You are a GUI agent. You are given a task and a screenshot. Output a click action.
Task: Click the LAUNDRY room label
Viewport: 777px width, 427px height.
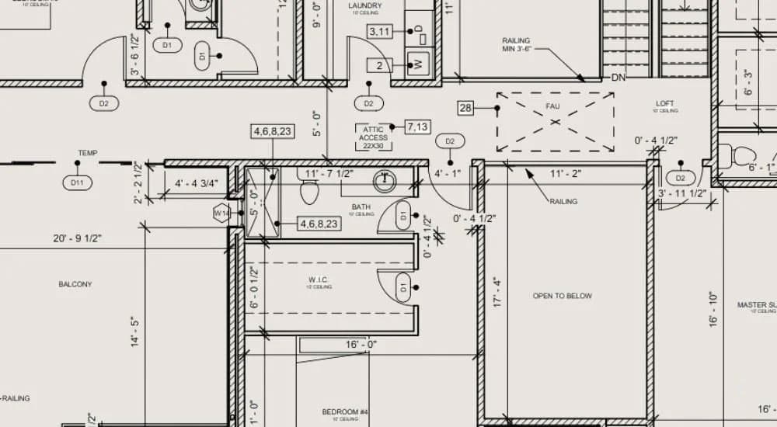pos(364,6)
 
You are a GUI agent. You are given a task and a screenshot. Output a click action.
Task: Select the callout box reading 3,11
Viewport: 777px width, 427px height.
pos(379,32)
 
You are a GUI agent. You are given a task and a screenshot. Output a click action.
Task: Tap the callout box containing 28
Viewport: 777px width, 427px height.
pos(465,108)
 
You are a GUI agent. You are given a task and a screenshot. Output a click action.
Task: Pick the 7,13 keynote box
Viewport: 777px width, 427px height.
pos(418,127)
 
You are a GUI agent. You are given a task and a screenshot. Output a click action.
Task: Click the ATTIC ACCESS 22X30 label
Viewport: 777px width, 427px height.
pos(374,137)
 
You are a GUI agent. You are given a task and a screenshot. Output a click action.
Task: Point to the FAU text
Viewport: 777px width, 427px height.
pos(552,106)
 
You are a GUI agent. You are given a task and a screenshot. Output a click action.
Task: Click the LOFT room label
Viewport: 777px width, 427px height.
pos(665,104)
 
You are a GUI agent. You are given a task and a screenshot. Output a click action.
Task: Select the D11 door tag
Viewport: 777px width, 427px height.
pos(77,183)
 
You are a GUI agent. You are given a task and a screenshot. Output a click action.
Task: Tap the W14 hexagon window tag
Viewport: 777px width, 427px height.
pos(221,212)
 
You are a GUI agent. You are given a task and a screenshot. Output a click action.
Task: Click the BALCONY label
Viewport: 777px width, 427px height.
pos(75,284)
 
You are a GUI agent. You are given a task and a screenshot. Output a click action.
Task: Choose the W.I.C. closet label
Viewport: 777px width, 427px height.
pos(319,279)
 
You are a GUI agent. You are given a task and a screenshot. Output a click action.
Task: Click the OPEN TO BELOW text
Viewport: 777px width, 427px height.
pos(562,296)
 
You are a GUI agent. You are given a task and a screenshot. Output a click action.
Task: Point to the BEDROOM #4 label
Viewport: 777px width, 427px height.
pos(344,411)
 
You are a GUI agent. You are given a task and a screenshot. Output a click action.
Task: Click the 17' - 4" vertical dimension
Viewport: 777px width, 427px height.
pos(497,293)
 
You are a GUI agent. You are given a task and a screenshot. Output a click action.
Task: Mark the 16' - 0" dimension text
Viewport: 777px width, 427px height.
pos(361,344)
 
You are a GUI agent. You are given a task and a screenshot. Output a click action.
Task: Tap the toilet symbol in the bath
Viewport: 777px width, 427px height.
pos(309,190)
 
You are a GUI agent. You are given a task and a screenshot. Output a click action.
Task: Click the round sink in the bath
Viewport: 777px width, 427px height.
pos(384,182)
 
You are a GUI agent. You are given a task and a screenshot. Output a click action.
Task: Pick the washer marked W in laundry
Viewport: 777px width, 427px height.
pos(418,64)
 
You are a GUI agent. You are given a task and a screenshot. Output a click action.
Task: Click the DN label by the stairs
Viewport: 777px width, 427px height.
pos(618,78)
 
